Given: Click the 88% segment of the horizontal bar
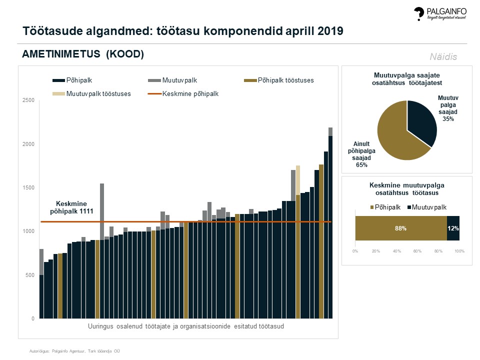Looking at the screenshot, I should tap(400, 228).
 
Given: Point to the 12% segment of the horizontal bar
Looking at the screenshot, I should tap(453, 228).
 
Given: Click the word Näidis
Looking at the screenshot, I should tap(443, 57).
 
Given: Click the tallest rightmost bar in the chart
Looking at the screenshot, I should tap(330, 225).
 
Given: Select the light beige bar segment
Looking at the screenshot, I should tap(298, 179).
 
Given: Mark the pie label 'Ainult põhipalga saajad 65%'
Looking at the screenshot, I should tap(359, 154).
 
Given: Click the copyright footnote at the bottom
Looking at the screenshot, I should tap(74, 351).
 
